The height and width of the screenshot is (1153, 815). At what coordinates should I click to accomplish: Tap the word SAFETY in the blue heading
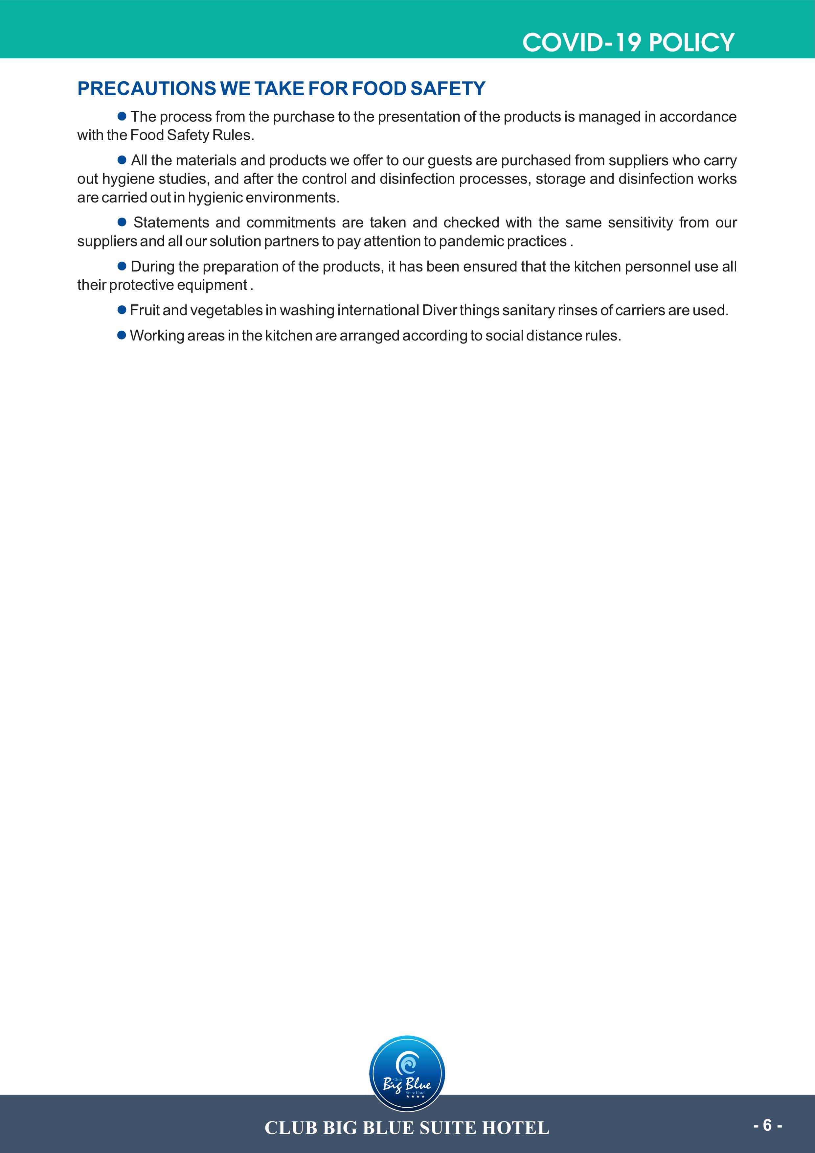point(448,89)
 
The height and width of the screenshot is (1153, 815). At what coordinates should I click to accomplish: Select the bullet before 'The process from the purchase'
point(122,116)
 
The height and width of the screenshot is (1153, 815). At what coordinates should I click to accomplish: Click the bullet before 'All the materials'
point(122,160)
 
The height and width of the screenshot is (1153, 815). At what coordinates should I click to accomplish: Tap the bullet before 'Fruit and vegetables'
point(122,310)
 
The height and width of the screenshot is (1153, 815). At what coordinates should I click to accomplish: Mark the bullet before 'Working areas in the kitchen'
point(122,335)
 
